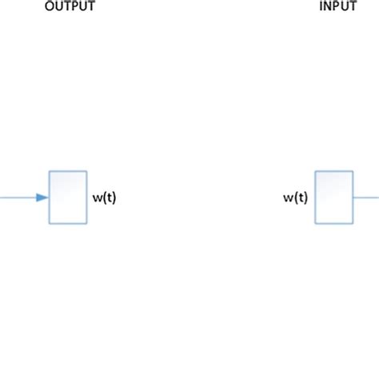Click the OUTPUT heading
69,7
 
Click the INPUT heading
337,7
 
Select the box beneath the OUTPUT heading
68,197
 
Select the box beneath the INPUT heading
334,197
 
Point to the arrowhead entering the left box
42,197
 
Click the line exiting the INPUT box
366,197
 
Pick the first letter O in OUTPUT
49,7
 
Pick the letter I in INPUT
321,7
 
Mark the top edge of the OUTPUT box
68,171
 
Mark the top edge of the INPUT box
334,171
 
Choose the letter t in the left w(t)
109,197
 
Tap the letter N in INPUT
328,7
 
